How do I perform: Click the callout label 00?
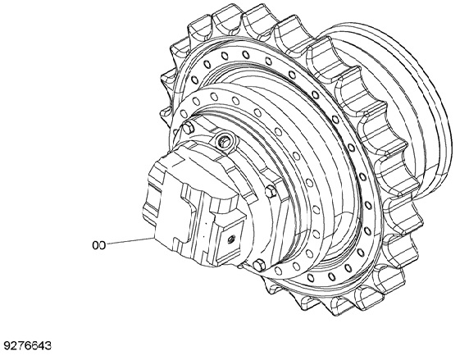coord(98,245)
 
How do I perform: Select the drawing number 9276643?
coord(27,345)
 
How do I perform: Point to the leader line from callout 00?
coord(130,241)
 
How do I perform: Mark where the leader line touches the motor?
coord(154,238)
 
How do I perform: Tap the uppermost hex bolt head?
coord(188,128)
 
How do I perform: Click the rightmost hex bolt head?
coord(271,191)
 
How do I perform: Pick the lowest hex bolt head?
coord(258,266)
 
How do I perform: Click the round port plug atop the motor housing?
coord(224,140)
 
